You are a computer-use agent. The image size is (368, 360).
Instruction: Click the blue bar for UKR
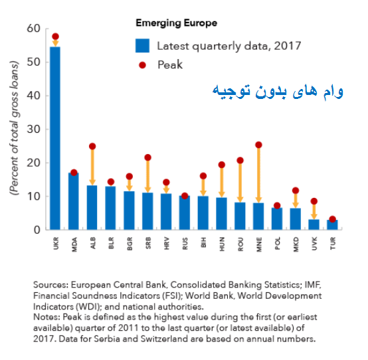coord(55,138)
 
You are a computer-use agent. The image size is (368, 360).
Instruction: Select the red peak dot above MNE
coord(258,145)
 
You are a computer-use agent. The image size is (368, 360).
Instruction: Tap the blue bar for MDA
coord(74,201)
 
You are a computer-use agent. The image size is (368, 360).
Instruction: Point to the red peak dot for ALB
coord(92,146)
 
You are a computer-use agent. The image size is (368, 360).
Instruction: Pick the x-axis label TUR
coord(333,243)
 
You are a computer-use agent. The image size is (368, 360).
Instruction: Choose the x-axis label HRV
coord(167,244)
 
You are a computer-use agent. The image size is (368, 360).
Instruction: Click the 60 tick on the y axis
coord(33,29)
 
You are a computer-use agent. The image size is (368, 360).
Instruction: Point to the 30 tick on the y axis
coord(33,129)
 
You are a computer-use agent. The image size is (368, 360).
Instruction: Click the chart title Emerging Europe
coord(177,23)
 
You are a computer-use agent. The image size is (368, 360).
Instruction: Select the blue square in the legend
coord(142,46)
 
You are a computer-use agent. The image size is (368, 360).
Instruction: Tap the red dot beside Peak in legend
coord(142,65)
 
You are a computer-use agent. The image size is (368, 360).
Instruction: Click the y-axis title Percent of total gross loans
coord(14,128)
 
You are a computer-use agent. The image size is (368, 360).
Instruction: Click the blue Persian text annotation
coord(278,92)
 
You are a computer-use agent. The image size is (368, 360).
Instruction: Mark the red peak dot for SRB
coord(148,157)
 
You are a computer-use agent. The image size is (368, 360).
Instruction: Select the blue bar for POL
coord(277,219)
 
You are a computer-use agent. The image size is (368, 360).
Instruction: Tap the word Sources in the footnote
coord(50,285)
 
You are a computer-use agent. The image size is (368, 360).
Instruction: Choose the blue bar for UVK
coord(314,225)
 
